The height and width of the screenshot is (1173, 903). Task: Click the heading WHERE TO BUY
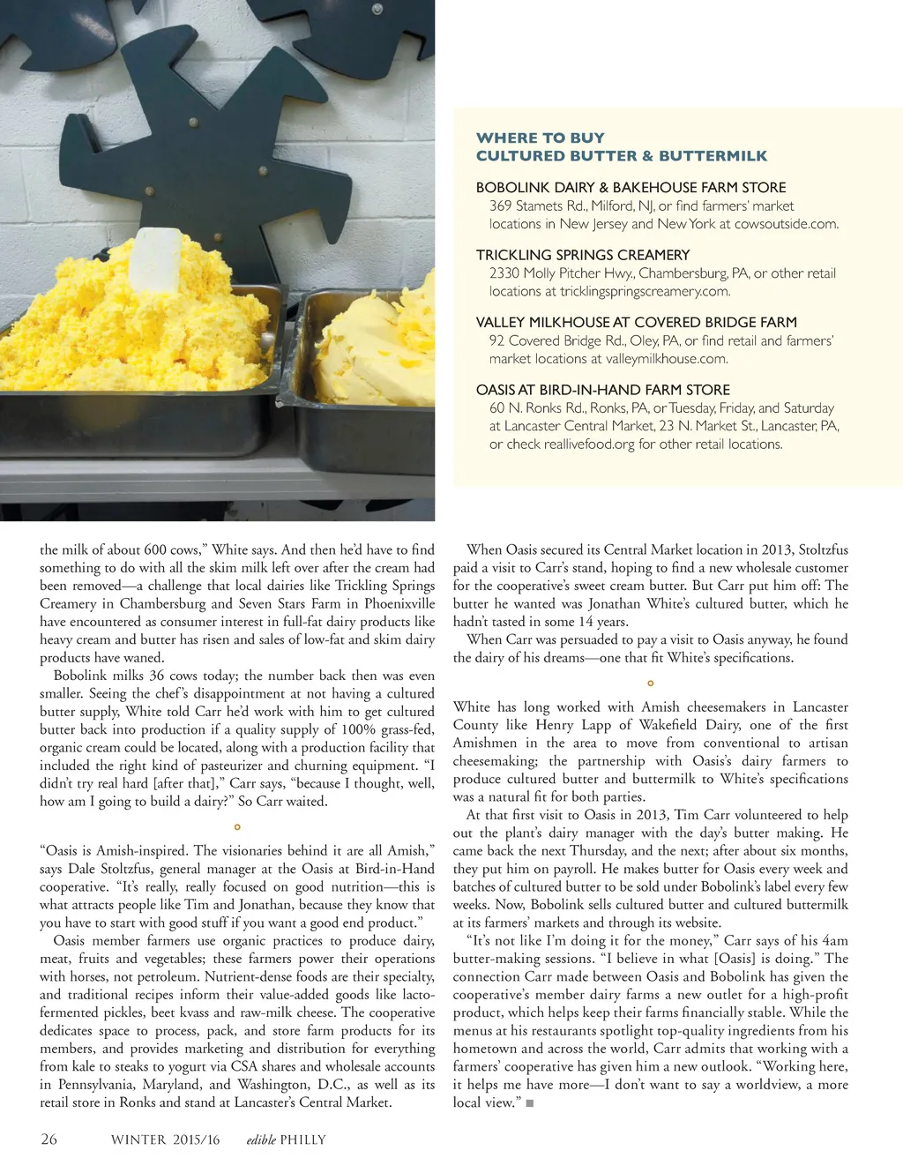[x=540, y=138]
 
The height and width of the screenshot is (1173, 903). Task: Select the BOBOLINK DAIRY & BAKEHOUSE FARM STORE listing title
[x=631, y=187]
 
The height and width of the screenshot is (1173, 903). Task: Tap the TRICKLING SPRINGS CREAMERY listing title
[x=582, y=255]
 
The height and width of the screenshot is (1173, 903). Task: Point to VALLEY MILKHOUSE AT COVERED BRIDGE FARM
[x=636, y=322]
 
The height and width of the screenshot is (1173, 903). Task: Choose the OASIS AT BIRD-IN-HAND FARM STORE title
[x=602, y=390]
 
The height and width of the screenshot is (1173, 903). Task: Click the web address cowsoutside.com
[x=785, y=224]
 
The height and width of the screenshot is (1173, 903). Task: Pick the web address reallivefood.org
[x=588, y=444]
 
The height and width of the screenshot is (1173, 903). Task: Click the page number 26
[x=49, y=1139]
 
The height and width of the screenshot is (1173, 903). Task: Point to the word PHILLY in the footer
[x=302, y=1139]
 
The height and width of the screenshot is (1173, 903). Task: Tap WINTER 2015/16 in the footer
[x=165, y=1139]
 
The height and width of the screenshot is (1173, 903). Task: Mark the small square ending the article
[x=530, y=1103]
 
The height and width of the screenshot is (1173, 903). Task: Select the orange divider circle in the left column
[x=237, y=827]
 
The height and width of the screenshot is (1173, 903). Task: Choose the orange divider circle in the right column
[x=651, y=684]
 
